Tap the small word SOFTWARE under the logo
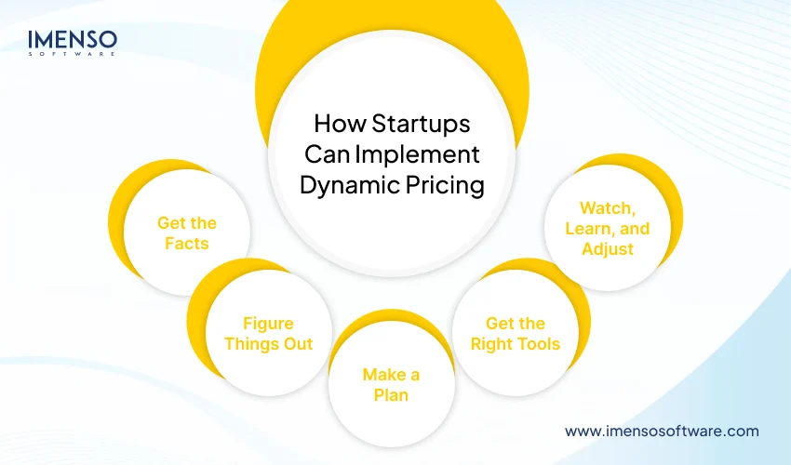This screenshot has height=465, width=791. (x=72, y=54)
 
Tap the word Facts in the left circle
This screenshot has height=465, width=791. (x=187, y=243)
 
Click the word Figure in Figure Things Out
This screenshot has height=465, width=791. (x=268, y=324)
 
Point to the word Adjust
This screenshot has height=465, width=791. (x=608, y=248)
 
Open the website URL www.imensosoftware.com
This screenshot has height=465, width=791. (x=662, y=431)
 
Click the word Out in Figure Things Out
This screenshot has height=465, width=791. (x=297, y=344)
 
